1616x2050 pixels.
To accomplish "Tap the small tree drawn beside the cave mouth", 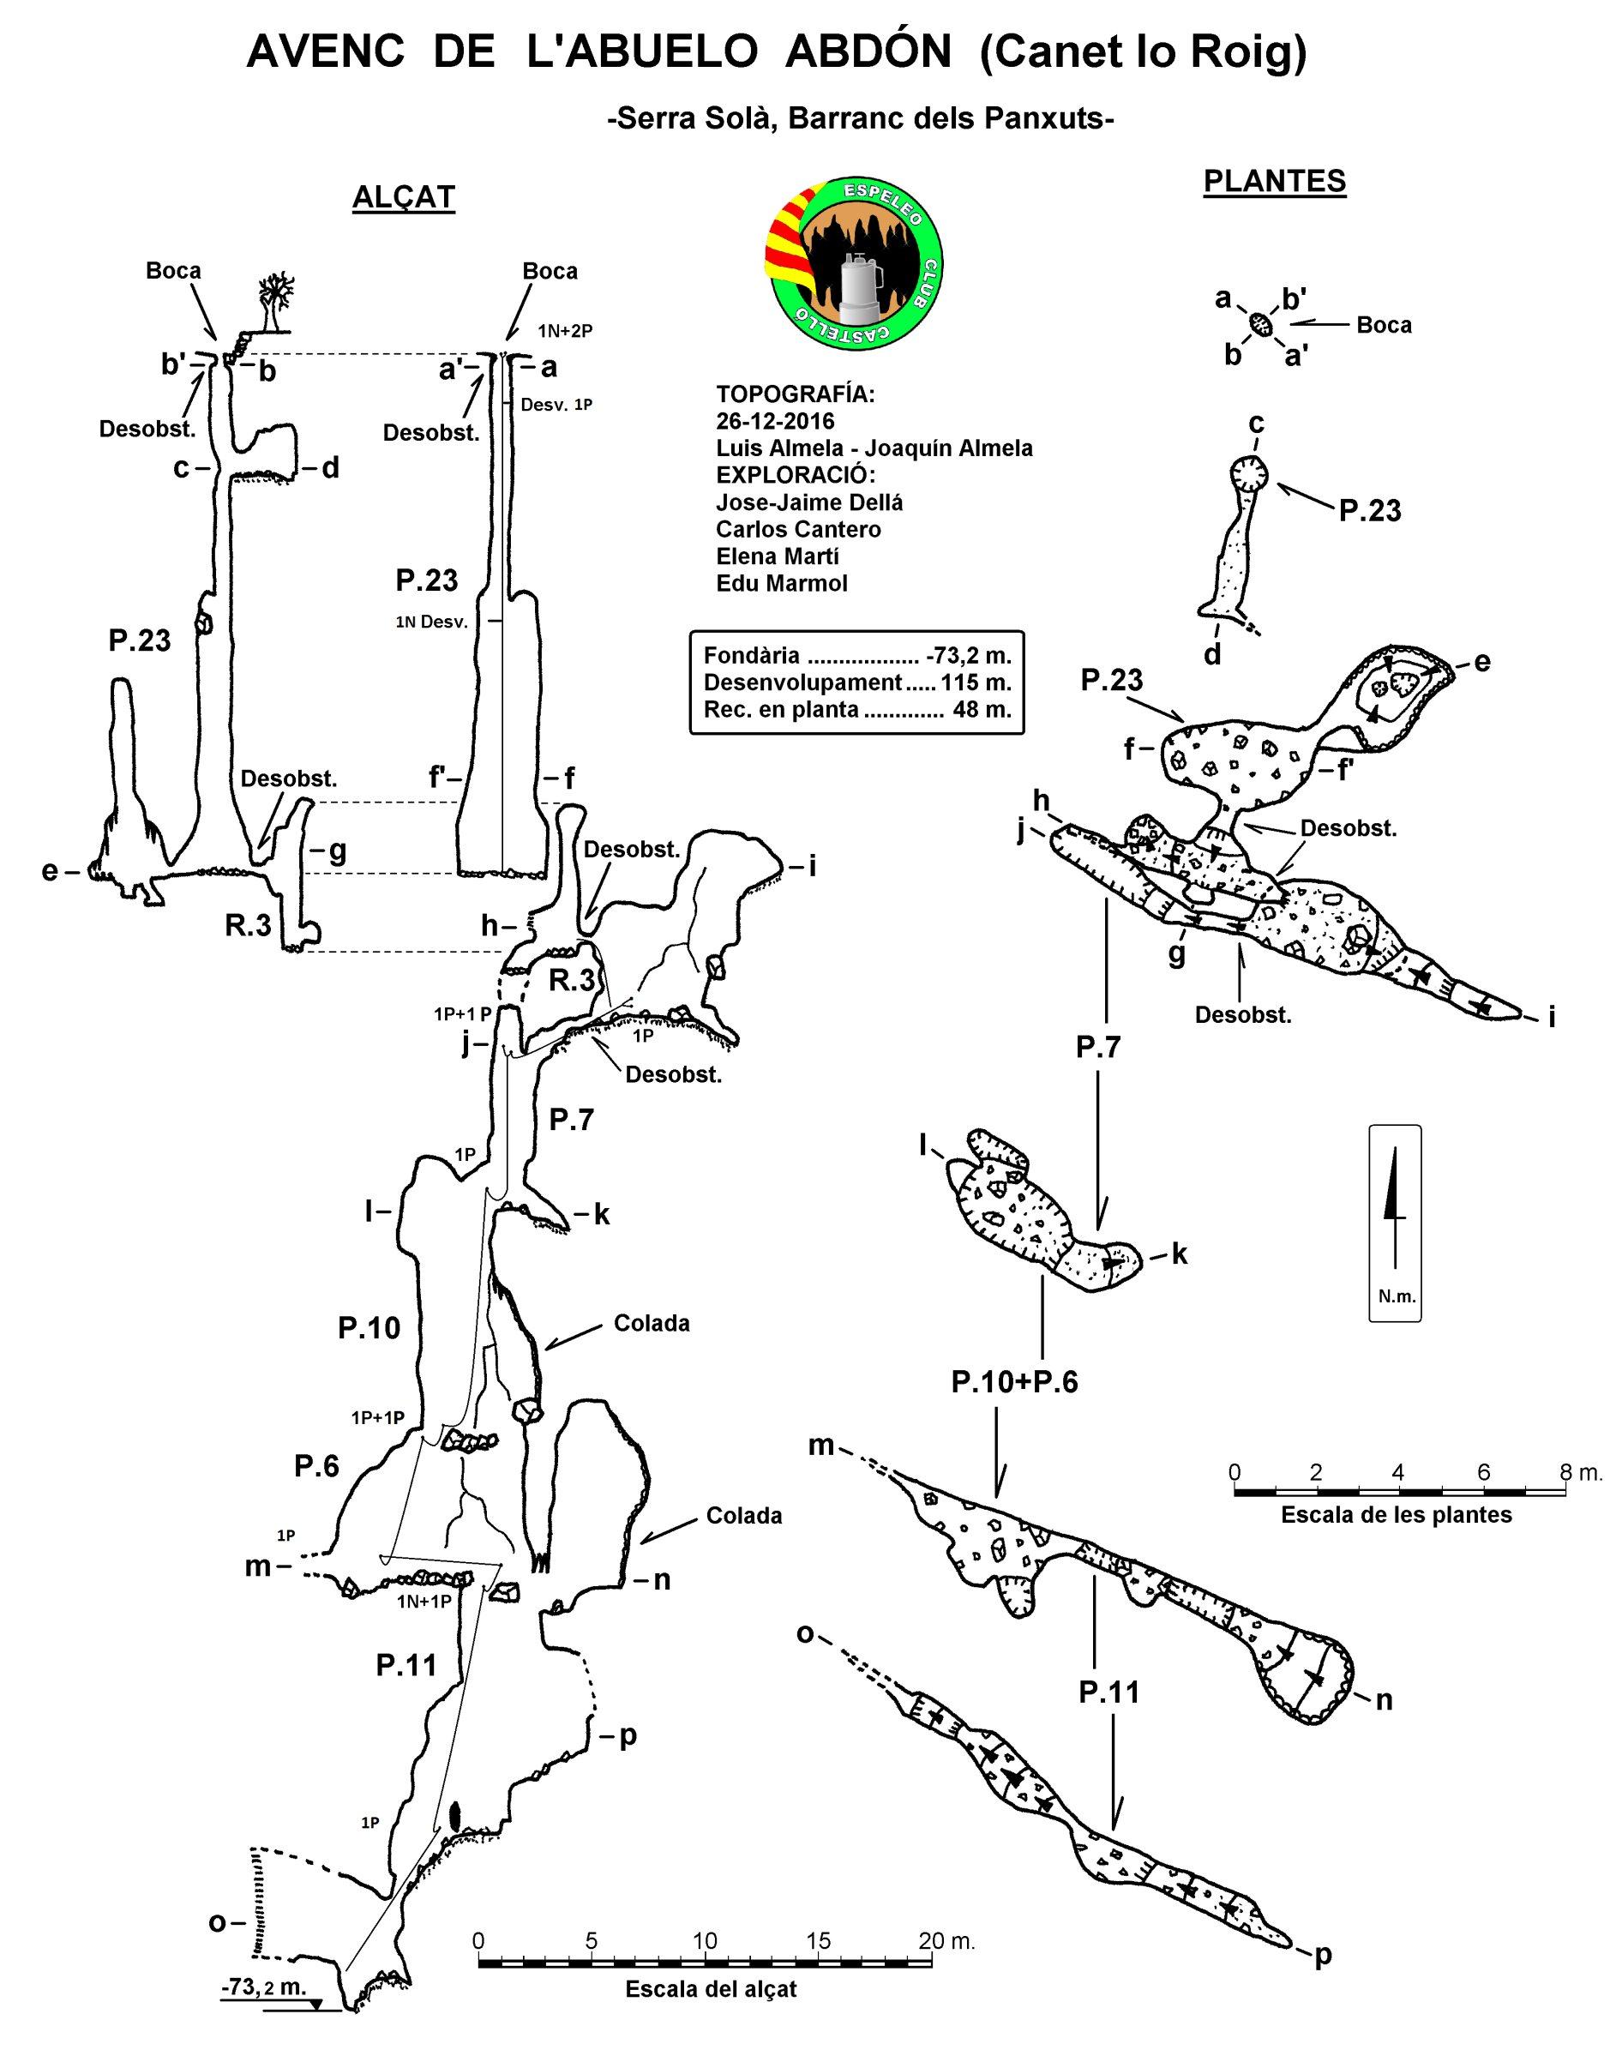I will [x=275, y=301].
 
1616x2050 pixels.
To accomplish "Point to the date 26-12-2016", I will [x=776, y=421].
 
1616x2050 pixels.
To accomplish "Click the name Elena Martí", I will [x=778, y=556].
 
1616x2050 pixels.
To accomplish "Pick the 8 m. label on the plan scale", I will [x=1573, y=1472].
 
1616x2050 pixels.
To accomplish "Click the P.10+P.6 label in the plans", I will [x=1014, y=1383].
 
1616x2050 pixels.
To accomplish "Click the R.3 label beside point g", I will [x=248, y=926].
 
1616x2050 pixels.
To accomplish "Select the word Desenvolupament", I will [x=801, y=682].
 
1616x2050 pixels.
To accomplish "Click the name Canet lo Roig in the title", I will [x=1143, y=54].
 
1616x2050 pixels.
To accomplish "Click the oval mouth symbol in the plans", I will [x=1260, y=324].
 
